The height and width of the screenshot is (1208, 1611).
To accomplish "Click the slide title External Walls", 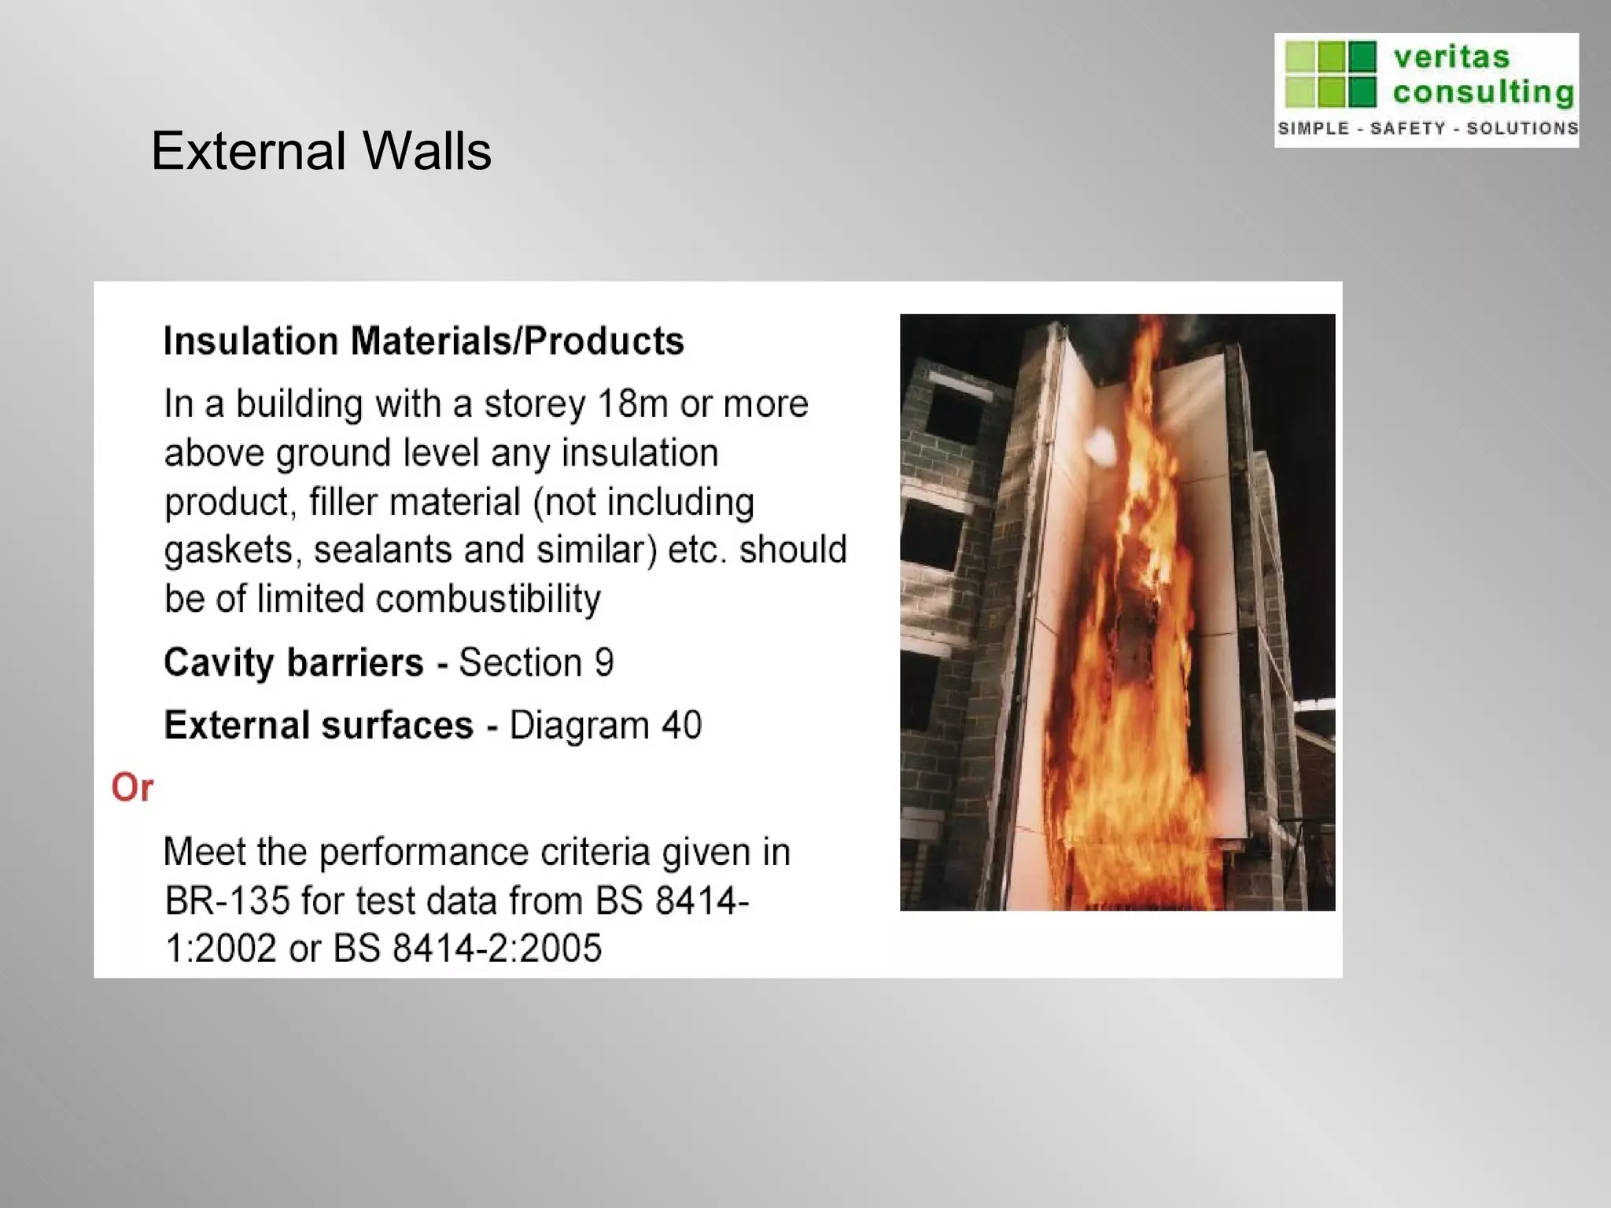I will pyautogui.click(x=321, y=150).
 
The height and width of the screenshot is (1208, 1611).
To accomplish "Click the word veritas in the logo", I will pyautogui.click(x=1451, y=57).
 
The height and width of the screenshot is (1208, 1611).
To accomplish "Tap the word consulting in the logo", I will pyautogui.click(x=1483, y=93).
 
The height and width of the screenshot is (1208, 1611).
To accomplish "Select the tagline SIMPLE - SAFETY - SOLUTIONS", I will pyautogui.click(x=1427, y=128).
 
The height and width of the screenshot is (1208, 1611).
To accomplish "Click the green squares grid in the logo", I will pyautogui.click(x=1330, y=74).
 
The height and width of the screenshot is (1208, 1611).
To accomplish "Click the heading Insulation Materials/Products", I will pyautogui.click(x=423, y=341).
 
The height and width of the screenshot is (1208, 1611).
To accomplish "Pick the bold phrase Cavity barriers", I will pyautogui.click(x=293, y=662).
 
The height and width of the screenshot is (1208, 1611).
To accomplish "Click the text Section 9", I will pyautogui.click(x=536, y=662).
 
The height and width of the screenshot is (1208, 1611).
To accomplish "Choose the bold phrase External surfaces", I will pyautogui.click(x=319, y=725).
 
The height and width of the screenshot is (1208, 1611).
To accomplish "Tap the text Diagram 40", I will pyautogui.click(x=605, y=725).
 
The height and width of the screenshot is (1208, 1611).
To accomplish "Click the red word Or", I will pyautogui.click(x=132, y=787).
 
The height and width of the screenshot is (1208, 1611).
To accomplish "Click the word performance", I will pyautogui.click(x=423, y=853).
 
